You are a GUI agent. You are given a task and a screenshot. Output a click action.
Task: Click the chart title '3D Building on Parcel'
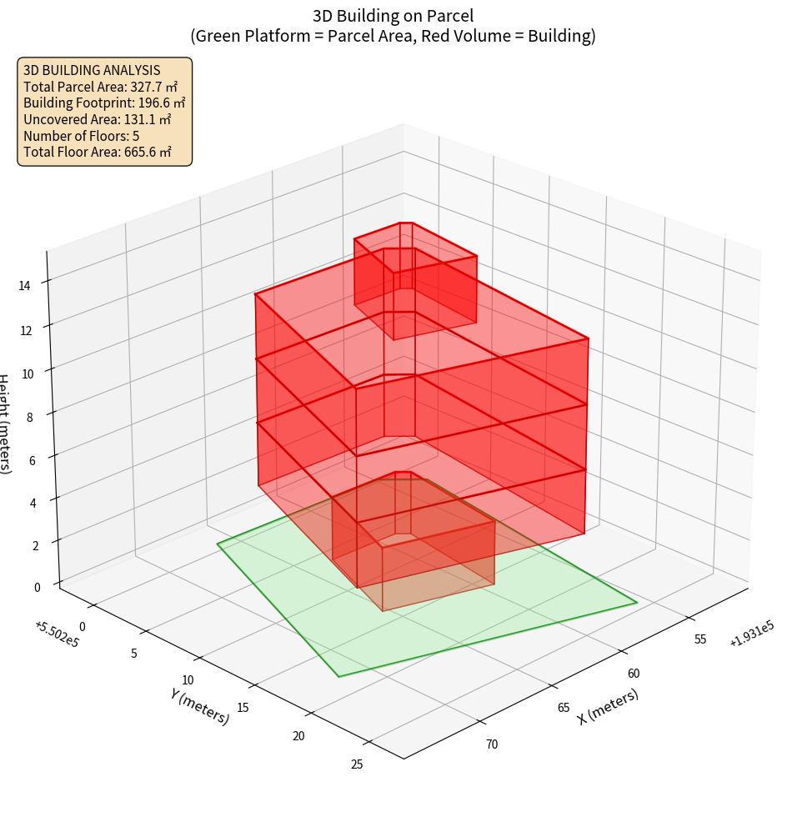[x=393, y=15]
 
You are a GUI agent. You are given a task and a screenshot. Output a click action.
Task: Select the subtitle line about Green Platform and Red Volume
[x=393, y=36]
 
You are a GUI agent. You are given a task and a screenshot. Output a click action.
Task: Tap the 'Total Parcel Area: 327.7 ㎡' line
[x=101, y=87]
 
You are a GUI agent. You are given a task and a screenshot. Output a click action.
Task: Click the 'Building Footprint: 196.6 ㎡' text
[x=104, y=103]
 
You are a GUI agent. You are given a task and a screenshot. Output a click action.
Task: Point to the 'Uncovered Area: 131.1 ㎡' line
[x=98, y=119]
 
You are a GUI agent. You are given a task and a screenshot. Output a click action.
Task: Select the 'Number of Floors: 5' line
[x=82, y=136]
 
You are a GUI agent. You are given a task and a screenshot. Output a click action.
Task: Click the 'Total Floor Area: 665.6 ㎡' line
[x=98, y=152]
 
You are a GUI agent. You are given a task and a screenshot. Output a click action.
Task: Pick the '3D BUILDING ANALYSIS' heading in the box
[x=92, y=71]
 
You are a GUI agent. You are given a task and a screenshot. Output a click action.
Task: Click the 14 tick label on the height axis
[x=25, y=285]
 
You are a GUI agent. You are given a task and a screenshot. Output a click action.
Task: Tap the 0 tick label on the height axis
[x=37, y=587]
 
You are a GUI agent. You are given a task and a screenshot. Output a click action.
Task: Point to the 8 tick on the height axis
[x=30, y=417]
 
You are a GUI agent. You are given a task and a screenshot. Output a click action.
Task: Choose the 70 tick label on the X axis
[x=491, y=744]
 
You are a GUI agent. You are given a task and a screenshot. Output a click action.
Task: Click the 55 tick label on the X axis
[x=699, y=639]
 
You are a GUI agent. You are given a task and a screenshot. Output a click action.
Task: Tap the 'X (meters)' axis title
[x=608, y=706]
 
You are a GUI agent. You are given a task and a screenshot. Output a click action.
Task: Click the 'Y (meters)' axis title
[x=199, y=705]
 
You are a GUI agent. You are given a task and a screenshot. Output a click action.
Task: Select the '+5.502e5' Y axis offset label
[x=58, y=633]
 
